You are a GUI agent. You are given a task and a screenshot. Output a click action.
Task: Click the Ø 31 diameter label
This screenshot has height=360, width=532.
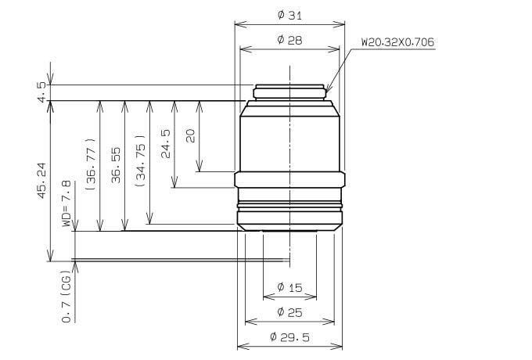289,16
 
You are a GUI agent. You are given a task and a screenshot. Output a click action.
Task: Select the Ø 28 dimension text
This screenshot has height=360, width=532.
289,40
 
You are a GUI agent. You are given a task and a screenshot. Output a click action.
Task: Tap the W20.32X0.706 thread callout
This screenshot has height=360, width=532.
397,42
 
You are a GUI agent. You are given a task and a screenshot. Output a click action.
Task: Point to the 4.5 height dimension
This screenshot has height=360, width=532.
41,92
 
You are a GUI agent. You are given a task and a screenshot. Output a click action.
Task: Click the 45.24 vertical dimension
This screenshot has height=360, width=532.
41,181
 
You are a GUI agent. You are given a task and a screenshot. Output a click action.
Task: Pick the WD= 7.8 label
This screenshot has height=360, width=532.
66,203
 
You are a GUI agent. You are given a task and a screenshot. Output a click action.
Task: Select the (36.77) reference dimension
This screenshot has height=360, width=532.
92,164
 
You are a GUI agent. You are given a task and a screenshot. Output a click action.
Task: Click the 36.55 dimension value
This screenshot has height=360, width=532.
116,165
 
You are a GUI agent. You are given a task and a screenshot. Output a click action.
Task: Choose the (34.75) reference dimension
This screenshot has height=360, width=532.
141,161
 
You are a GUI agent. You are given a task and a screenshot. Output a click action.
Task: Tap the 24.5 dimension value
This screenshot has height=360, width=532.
166,144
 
